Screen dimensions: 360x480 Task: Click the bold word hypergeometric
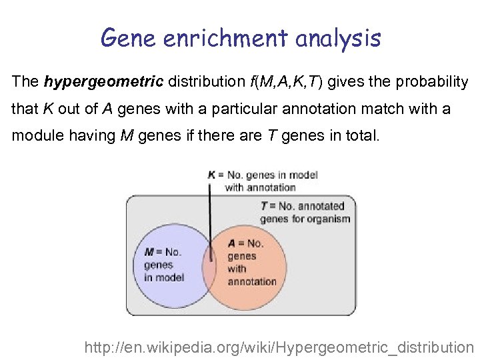pyautogui.click(x=103, y=82)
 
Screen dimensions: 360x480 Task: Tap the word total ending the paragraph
pyautogui.click(x=359, y=137)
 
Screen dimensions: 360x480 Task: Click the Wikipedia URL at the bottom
pyautogui.click(x=279, y=347)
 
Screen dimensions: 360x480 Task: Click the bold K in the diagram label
pyautogui.click(x=211, y=175)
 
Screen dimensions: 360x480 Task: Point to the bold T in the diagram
pyautogui.click(x=264, y=207)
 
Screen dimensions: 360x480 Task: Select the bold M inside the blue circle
pyautogui.click(x=149, y=252)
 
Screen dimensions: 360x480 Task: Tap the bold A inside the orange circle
pyautogui.click(x=231, y=244)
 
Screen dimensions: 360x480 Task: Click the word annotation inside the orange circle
pyautogui.click(x=252, y=281)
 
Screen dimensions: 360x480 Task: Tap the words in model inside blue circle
pyautogui.click(x=164, y=277)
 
